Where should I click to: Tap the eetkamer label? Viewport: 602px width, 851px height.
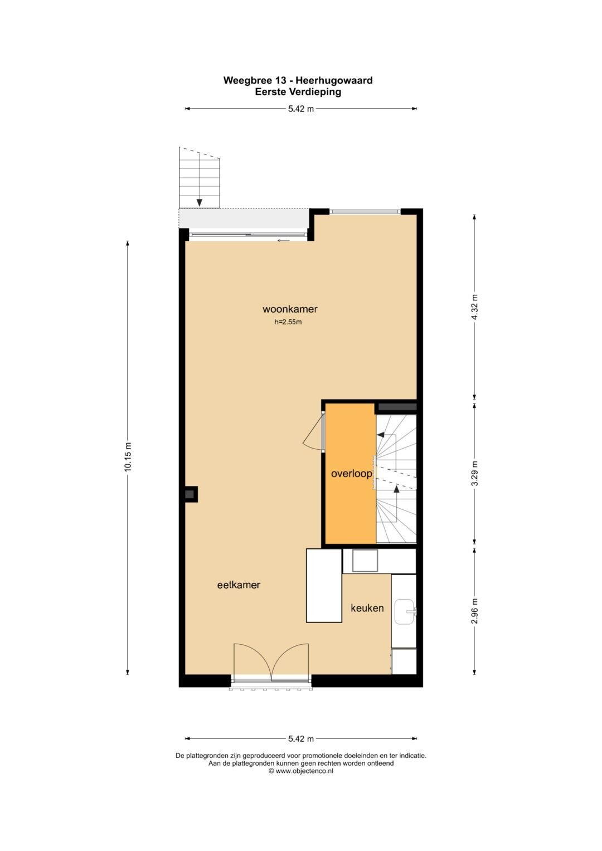[x=239, y=585]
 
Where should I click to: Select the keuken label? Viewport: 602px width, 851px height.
[x=367, y=608]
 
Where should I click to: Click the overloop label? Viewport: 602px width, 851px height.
[x=351, y=474]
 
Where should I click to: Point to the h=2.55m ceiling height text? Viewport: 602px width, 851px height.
[x=288, y=322]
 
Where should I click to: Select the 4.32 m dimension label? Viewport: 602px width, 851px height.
[x=474, y=307]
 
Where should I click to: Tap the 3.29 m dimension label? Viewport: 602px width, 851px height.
[x=474, y=473]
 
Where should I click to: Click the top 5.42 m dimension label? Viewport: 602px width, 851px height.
[x=301, y=109]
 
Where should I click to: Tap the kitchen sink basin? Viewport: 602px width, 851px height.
[x=405, y=612]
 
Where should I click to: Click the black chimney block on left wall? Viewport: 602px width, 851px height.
[x=191, y=494]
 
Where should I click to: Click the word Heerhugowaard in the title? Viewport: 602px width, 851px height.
[x=334, y=81]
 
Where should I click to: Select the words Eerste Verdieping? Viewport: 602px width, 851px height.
[x=298, y=92]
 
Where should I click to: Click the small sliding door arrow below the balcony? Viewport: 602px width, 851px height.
[x=284, y=241]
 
